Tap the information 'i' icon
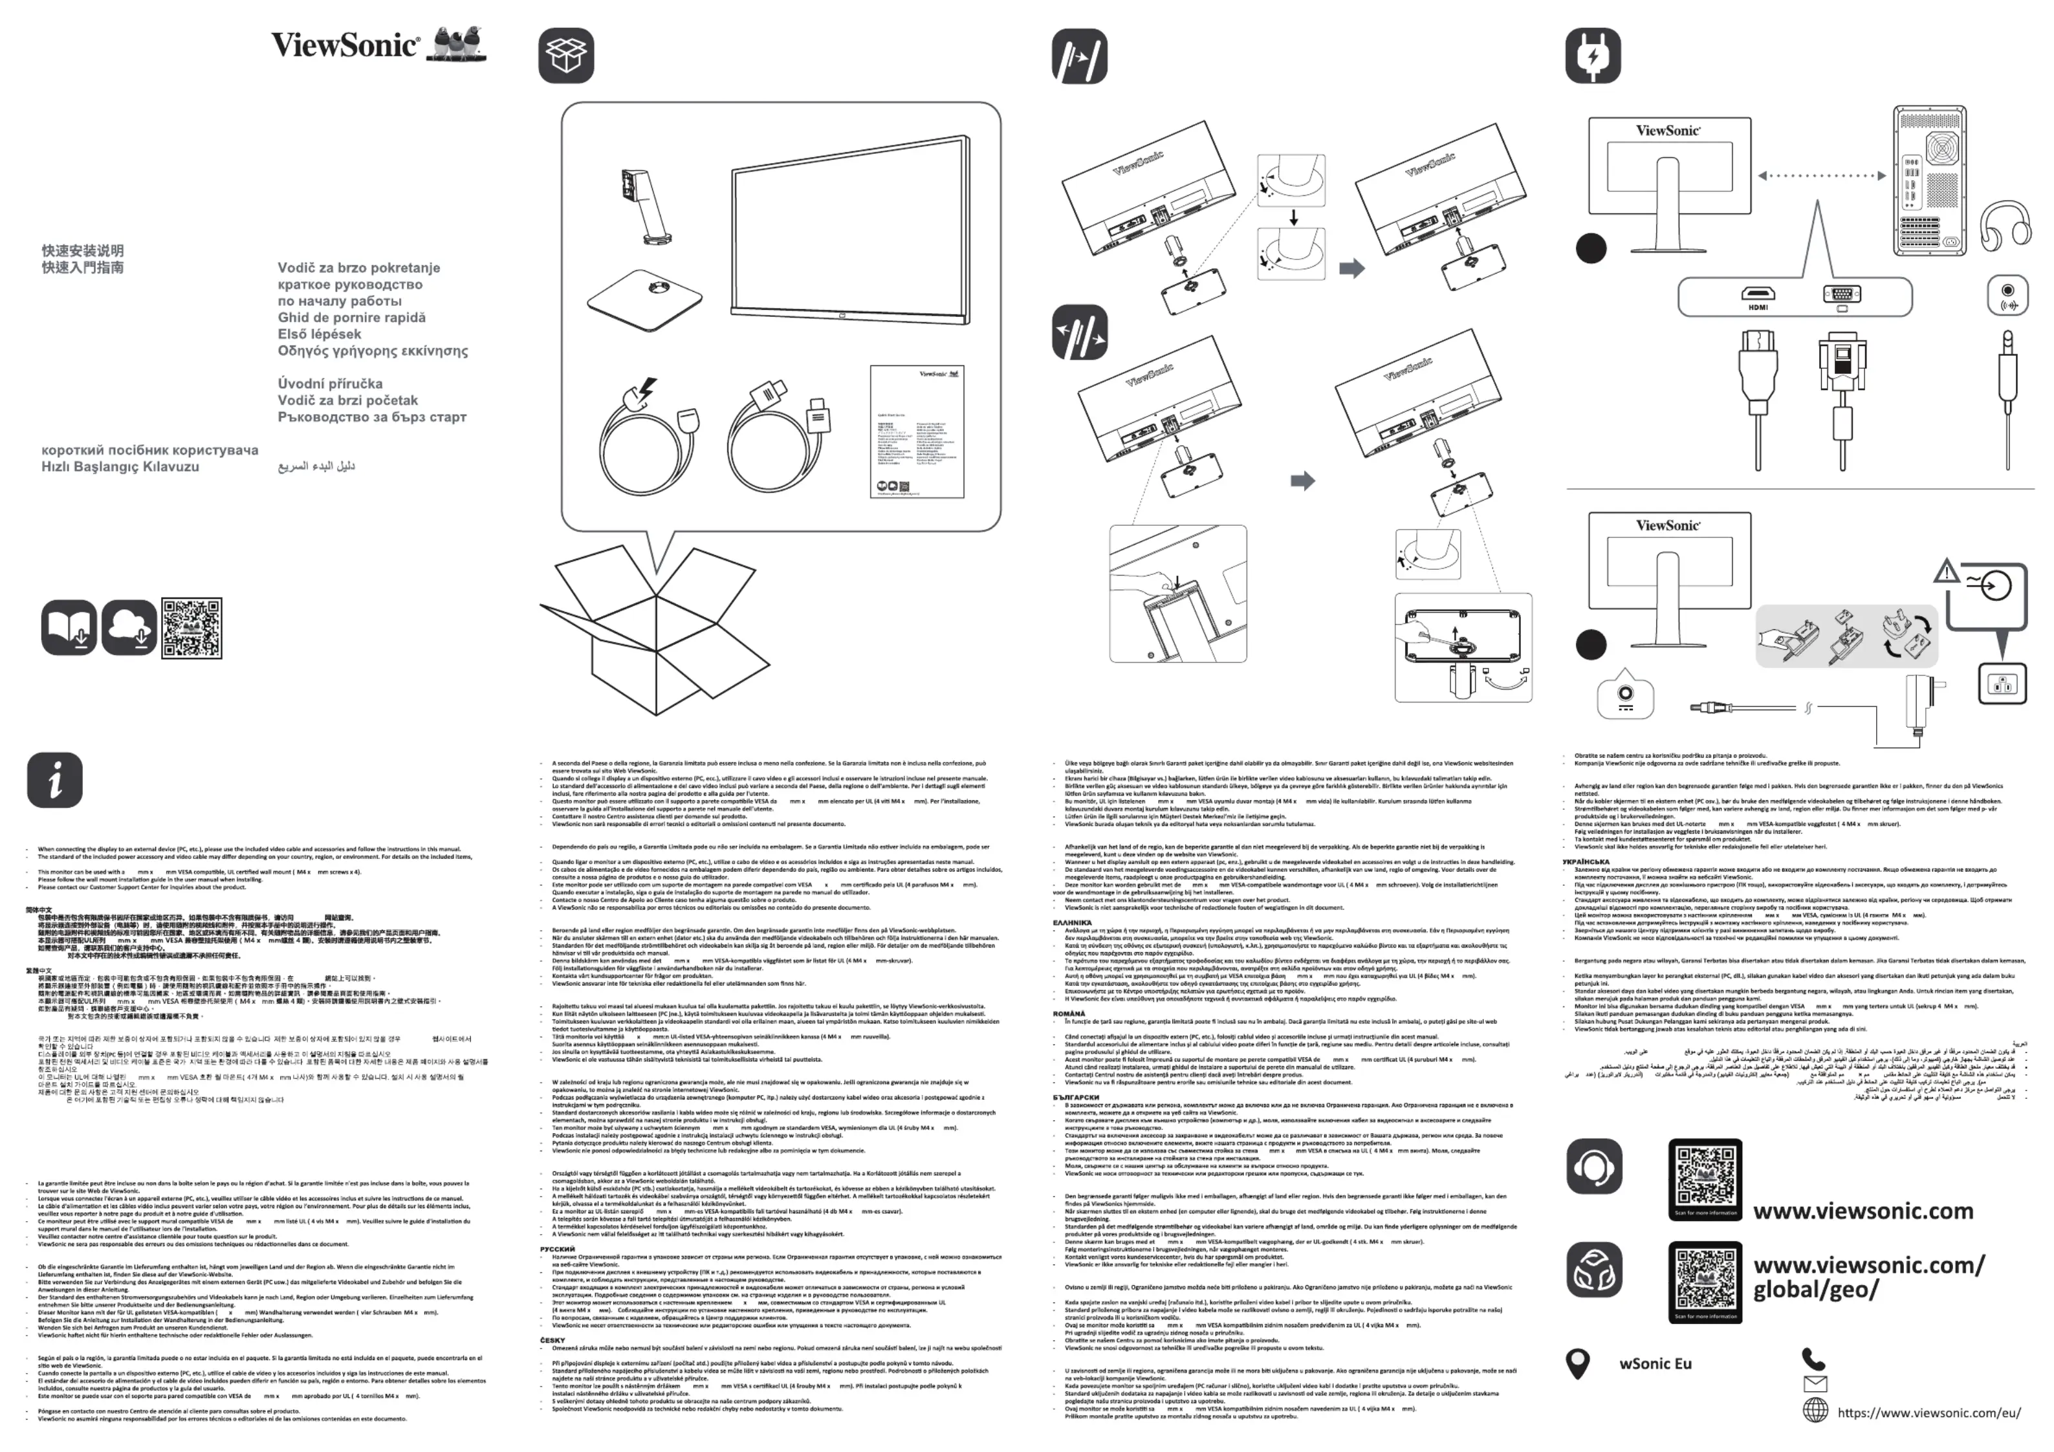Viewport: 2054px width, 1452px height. [x=54, y=779]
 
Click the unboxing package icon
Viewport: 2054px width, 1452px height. [x=565, y=56]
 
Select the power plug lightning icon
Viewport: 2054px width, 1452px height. [x=1592, y=56]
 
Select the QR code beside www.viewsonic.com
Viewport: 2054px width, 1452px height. [x=1705, y=1179]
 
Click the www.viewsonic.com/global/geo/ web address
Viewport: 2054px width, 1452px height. [x=1868, y=1277]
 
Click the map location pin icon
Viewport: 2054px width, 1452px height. [x=1578, y=1363]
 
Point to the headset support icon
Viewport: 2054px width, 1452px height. [x=1593, y=1167]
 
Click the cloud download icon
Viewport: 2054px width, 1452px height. [x=129, y=627]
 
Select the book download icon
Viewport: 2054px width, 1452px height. [x=69, y=627]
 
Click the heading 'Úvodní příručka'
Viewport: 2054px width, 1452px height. [x=330, y=384]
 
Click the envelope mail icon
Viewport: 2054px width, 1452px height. [x=1815, y=1384]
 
